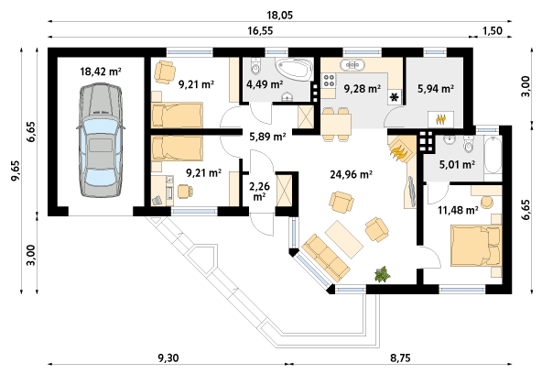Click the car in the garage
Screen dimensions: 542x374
click(x=101, y=140)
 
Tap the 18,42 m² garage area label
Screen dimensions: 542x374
click(x=101, y=71)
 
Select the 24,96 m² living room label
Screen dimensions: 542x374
click(x=351, y=174)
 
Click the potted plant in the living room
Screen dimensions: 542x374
click(x=383, y=274)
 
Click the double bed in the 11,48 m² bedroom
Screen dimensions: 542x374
click(x=476, y=246)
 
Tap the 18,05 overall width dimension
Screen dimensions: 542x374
click(x=279, y=15)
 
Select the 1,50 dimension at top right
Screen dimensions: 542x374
click(x=492, y=30)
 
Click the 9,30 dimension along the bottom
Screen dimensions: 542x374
click(x=168, y=357)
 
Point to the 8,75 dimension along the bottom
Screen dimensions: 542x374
click(x=401, y=357)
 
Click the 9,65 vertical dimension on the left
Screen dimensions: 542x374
click(x=16, y=170)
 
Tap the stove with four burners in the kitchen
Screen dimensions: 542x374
click(x=329, y=81)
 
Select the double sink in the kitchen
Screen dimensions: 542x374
click(x=352, y=65)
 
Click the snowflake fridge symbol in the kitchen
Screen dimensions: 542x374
click(x=395, y=97)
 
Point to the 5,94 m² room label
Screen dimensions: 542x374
click(x=436, y=89)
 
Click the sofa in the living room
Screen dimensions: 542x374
click(x=325, y=258)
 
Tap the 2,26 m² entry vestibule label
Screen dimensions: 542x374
click(x=260, y=192)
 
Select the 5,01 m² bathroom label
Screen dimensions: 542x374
click(x=457, y=164)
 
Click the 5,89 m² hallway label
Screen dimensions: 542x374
click(x=267, y=137)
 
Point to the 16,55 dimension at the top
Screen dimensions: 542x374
click(x=260, y=30)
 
